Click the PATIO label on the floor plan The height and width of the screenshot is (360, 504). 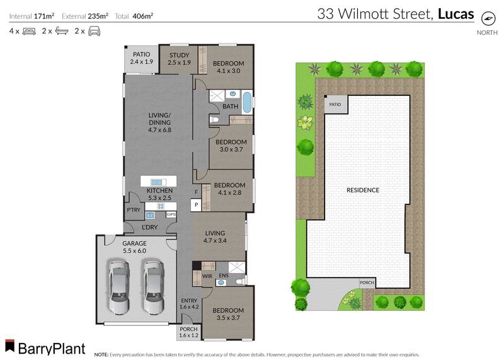141,55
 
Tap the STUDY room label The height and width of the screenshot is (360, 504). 179,55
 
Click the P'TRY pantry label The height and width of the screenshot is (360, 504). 132,210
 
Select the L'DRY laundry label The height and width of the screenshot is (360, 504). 149,226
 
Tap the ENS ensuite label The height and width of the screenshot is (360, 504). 223,276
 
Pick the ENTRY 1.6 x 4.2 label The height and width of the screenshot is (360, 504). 189,303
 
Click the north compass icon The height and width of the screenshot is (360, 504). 487,17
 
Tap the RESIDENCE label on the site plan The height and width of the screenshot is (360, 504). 362,190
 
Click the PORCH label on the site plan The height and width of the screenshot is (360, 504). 367,282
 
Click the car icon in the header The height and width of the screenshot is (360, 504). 94,30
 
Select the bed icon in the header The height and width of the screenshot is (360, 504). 28,30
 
